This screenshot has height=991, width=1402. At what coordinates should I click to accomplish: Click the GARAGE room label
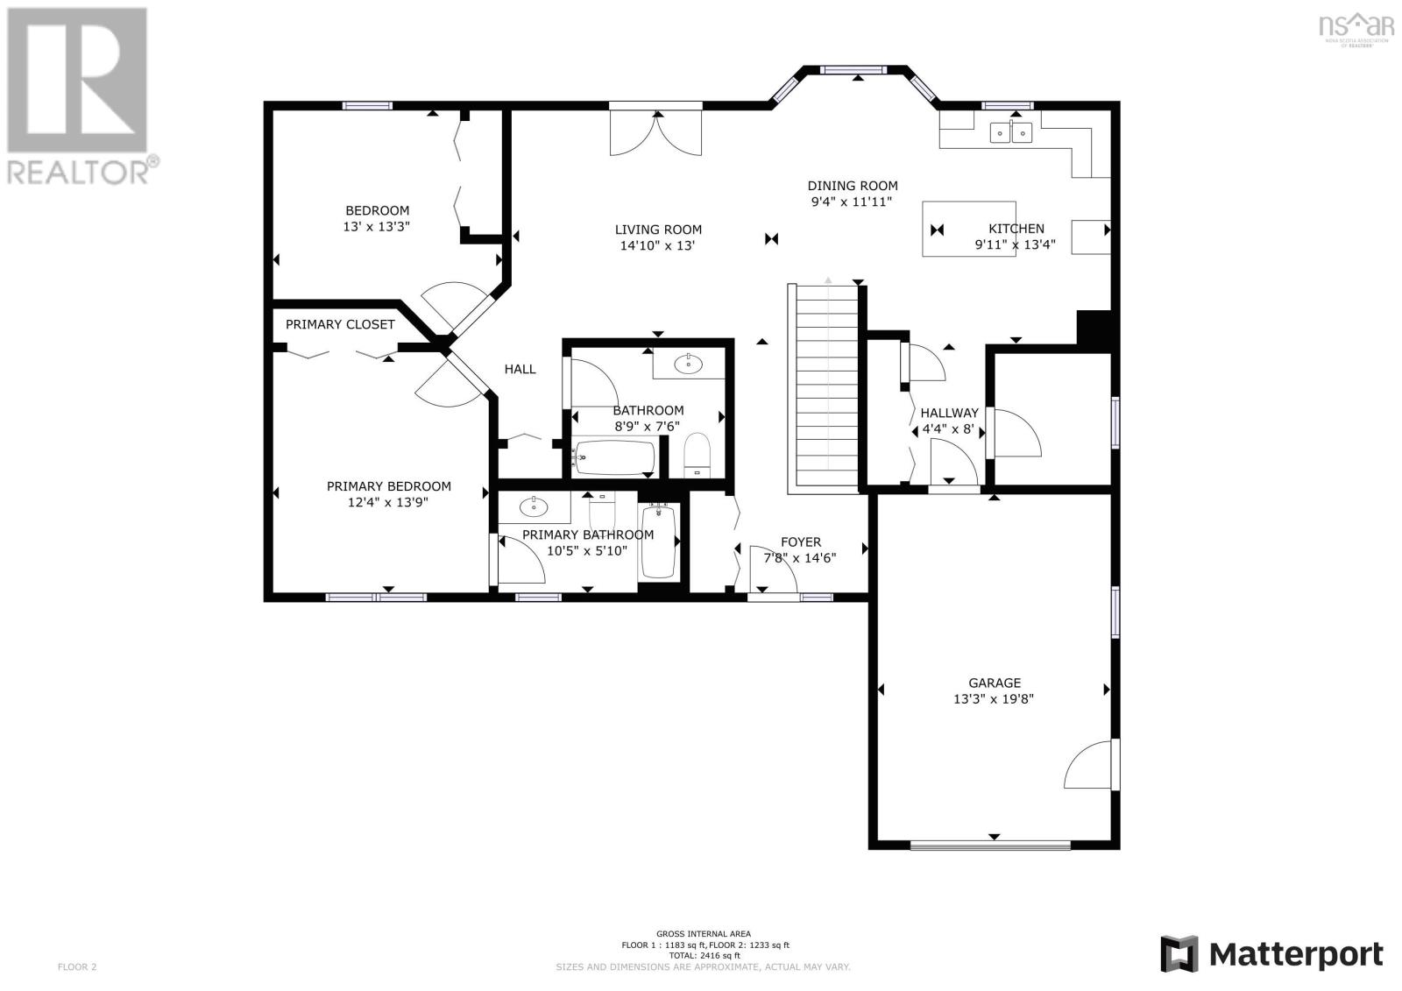995,683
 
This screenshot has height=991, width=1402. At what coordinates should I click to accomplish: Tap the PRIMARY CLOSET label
340,324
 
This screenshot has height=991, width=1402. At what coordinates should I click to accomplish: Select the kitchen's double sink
1011,132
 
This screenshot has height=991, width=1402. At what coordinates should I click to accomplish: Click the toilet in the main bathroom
697,455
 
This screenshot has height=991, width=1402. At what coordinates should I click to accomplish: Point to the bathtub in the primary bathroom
658,541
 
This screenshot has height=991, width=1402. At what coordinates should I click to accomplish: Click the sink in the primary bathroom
534,506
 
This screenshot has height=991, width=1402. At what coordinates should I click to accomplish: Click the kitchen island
969,229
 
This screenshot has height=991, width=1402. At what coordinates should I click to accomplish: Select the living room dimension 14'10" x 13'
657,246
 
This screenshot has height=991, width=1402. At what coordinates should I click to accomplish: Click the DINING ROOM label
853,186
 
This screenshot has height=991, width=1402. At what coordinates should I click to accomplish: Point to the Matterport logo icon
1179,954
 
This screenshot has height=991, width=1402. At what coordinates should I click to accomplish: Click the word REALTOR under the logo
78,172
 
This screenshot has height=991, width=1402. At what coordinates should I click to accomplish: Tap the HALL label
520,370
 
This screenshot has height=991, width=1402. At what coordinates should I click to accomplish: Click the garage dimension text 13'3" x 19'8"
994,699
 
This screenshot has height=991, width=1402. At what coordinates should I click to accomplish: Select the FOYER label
801,542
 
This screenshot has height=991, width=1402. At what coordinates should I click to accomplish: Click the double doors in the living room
656,132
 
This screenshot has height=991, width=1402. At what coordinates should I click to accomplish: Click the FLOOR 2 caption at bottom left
77,967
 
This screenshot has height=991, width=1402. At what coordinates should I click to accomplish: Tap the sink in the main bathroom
689,365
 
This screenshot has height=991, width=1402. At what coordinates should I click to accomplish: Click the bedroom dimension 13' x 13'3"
376,227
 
